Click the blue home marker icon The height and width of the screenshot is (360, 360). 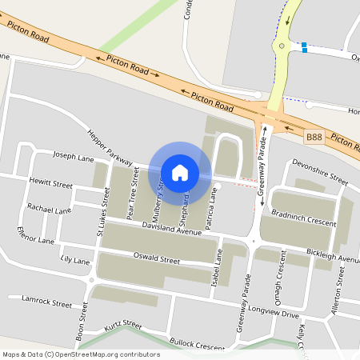point(180,173)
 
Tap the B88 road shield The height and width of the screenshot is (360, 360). point(314,138)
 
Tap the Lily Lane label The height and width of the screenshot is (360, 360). point(74,261)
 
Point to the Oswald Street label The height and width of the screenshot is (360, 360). point(157,259)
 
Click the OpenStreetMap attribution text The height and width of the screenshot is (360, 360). point(80,354)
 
